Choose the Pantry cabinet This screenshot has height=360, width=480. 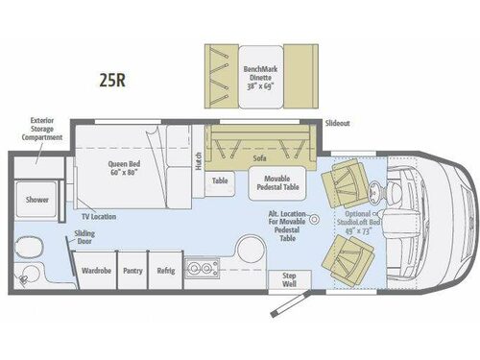tap(132, 272)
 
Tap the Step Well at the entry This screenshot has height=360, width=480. tap(289, 280)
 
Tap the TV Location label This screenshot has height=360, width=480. tap(99, 218)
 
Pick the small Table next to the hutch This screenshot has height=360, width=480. tap(220, 180)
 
